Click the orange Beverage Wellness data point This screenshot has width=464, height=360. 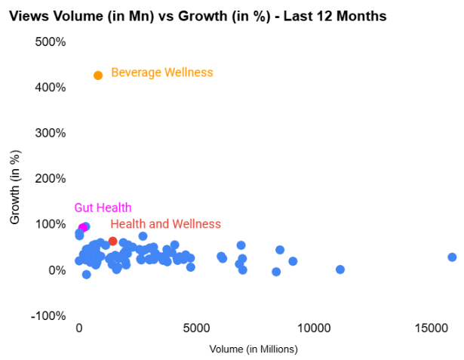[98, 75]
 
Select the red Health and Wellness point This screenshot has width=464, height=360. [113, 242]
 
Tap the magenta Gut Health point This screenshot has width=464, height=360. [83, 227]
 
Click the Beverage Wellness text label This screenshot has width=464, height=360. [162, 72]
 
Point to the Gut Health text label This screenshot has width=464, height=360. [103, 208]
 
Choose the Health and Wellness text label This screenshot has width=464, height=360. [165, 224]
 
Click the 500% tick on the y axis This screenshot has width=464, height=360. [51, 42]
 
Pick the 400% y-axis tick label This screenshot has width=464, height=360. [51, 88]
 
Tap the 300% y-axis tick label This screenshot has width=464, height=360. [51, 133]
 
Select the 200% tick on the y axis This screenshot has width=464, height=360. [51, 179]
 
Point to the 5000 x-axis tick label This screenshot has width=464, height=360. [196, 329]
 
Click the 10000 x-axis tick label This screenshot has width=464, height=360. [314, 329]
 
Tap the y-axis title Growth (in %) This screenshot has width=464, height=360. [15, 187]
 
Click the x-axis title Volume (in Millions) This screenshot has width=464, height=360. [254, 349]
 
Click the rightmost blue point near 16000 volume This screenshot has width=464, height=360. [452, 257]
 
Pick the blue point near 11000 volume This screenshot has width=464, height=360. [340, 269]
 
